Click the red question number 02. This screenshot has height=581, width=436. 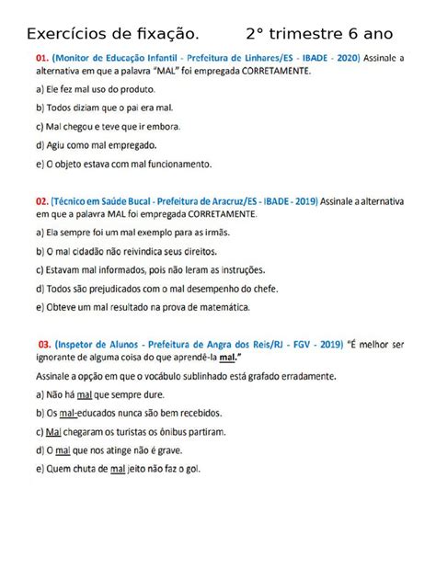pyautogui.click(x=41, y=199)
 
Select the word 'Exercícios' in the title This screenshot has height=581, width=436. pyautogui.click(x=70, y=34)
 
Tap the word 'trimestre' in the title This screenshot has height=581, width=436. pyautogui.click(x=315, y=34)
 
